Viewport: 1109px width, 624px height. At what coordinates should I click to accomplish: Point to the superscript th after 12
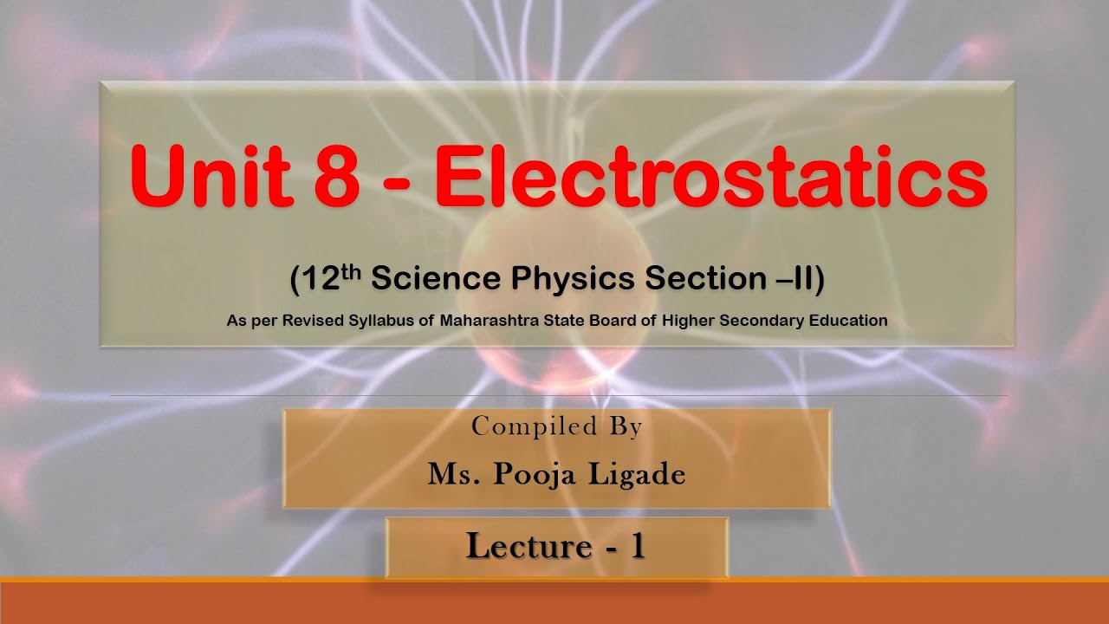click(x=355, y=269)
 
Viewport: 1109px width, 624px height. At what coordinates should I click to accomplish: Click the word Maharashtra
click(x=491, y=321)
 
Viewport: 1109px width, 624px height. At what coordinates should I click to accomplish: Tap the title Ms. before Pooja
click(x=451, y=474)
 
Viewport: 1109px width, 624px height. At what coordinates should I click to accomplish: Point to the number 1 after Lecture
click(x=637, y=546)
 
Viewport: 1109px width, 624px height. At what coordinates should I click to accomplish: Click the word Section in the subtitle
click(x=689, y=279)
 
